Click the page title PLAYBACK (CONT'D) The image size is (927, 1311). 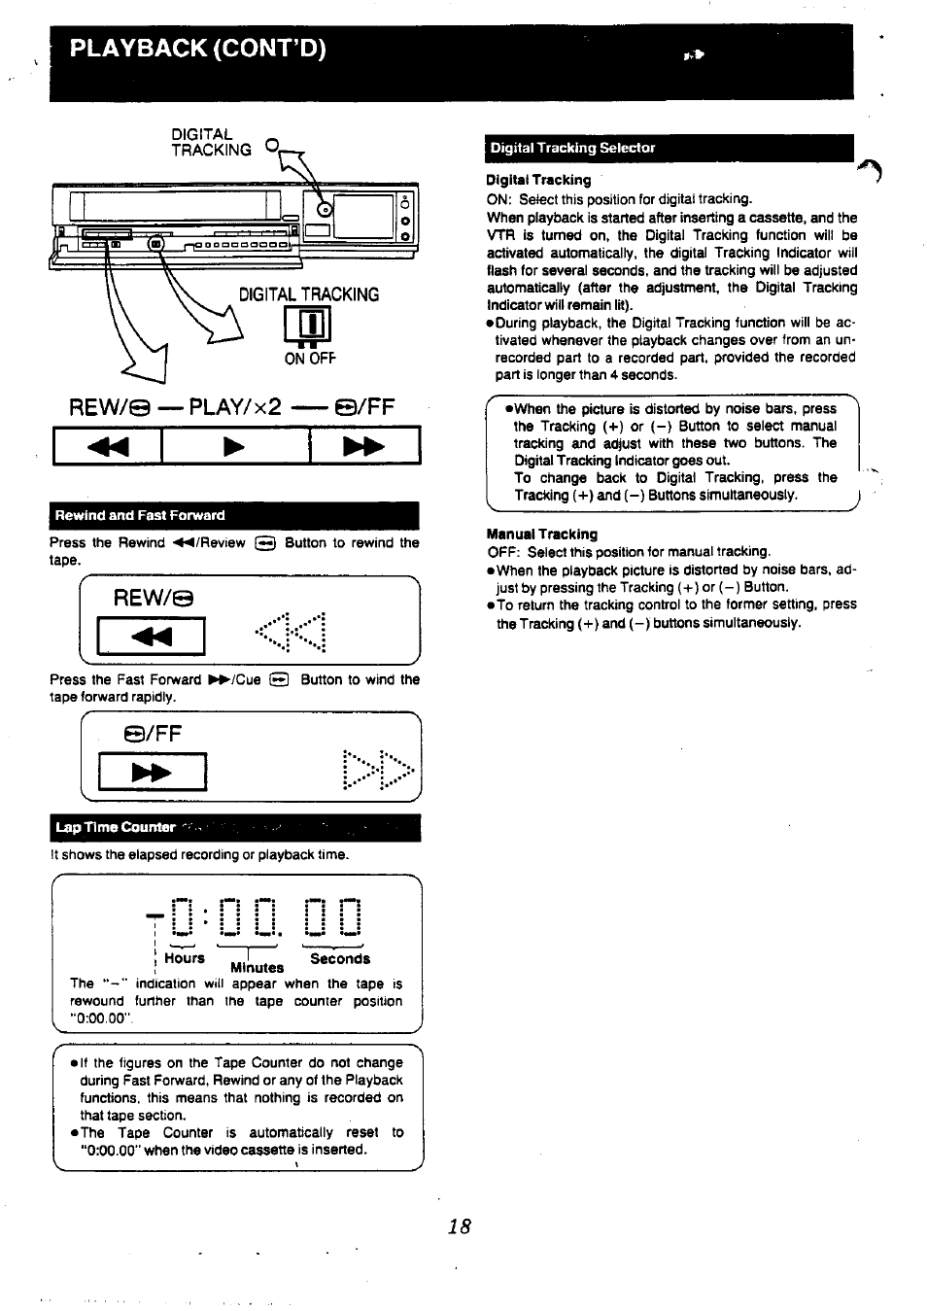pos(197,49)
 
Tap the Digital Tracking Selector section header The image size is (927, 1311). pos(572,148)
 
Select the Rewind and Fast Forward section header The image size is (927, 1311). pos(140,515)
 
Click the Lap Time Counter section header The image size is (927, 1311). pos(116,827)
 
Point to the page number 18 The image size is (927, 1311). pos(459,1225)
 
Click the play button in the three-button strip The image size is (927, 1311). pos(234,446)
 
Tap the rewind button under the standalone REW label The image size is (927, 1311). pos(151,637)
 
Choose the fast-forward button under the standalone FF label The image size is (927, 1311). pos(152,773)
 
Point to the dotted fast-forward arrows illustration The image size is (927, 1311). pos(379,771)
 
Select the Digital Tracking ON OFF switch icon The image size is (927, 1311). pos(307,326)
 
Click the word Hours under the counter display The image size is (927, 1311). pos(185,958)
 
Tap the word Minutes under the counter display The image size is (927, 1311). pos(257,968)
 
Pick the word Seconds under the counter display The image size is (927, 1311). pos(340,958)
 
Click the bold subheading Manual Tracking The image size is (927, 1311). pos(541,534)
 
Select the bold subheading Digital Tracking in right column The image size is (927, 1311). pos(538,180)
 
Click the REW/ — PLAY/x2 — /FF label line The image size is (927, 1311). pos(232,406)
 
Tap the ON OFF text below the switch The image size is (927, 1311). pos(309,359)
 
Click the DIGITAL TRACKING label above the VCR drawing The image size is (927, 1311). pos(211,142)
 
